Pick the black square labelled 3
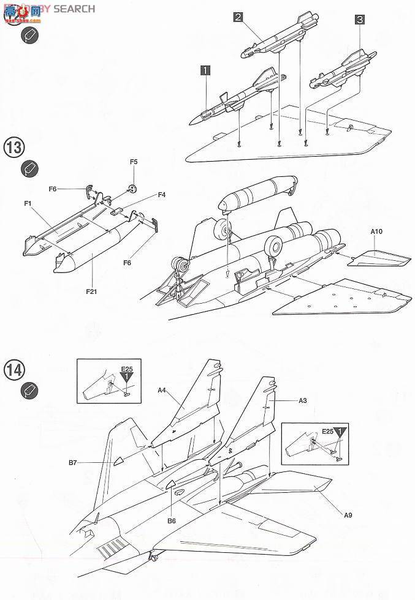pos(360,20)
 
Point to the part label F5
pos(134,162)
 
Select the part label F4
pos(162,195)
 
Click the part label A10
pos(376,232)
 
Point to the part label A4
pos(162,389)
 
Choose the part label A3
pos(303,400)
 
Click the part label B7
pos(72,463)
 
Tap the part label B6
pos(172,520)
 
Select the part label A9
pos(348,515)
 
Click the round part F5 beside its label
pos(132,188)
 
